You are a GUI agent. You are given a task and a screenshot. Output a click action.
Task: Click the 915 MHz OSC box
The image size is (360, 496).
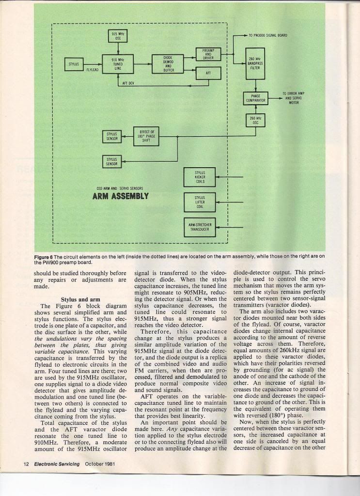click(x=117, y=37)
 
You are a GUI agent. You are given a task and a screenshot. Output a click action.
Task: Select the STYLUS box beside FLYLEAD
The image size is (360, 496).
click(x=74, y=63)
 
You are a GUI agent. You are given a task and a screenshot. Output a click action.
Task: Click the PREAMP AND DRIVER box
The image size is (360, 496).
click(x=208, y=54)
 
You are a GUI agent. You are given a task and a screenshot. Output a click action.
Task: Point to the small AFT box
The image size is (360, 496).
click(x=208, y=73)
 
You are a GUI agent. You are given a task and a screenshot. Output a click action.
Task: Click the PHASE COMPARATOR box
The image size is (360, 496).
click(x=255, y=98)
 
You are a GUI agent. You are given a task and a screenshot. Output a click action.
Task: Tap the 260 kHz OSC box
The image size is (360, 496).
click(x=255, y=121)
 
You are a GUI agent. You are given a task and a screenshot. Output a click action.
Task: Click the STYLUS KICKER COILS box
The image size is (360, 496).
click(x=200, y=177)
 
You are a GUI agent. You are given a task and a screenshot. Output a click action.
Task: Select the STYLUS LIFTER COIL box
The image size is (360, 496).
click(x=200, y=202)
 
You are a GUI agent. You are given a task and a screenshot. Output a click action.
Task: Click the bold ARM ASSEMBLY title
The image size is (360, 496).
click(x=120, y=196)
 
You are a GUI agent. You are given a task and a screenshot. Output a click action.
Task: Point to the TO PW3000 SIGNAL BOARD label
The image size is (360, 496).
click(x=267, y=35)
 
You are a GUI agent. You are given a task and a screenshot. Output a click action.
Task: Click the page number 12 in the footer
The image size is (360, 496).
click(x=27, y=464)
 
